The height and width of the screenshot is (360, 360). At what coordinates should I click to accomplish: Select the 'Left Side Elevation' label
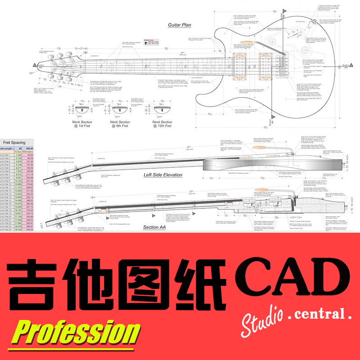163,175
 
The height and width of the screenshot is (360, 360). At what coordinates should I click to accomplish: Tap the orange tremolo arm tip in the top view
253,45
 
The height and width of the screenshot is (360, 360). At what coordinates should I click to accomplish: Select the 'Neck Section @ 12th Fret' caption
160,124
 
